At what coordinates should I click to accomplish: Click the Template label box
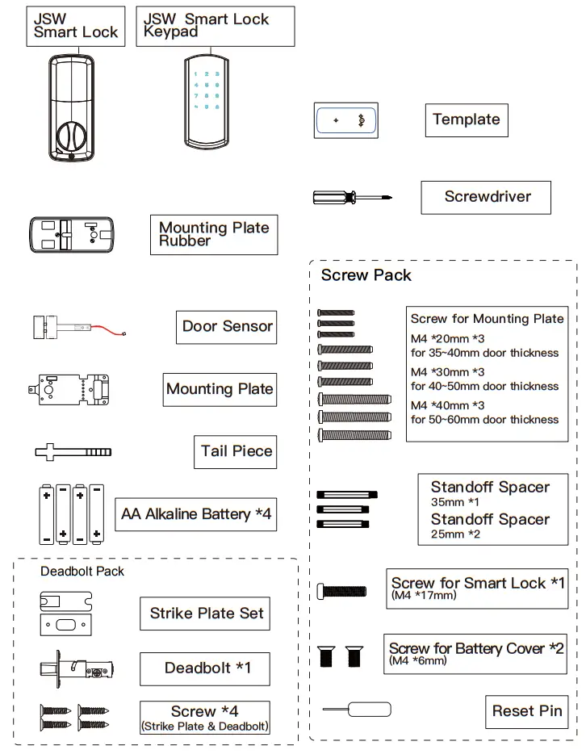point(466,120)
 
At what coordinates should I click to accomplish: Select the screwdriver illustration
point(352,197)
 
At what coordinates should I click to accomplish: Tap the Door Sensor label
point(227,327)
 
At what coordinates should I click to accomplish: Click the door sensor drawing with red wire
point(77,328)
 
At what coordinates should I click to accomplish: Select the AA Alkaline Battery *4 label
point(196,514)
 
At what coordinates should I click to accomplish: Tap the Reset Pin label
point(526,711)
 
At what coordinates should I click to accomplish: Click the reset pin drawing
point(357,710)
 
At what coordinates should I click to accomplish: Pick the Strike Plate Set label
point(207,614)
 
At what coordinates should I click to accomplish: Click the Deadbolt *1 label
point(207,668)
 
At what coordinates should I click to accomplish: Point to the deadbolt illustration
point(77,669)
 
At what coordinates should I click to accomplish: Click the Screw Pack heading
point(366,275)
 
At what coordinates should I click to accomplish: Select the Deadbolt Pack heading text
point(82,572)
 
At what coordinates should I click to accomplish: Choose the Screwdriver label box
point(487,197)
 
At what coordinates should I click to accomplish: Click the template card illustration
point(345,120)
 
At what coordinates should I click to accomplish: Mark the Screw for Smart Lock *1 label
point(477,587)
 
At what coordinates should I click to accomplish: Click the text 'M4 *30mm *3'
point(447,372)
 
